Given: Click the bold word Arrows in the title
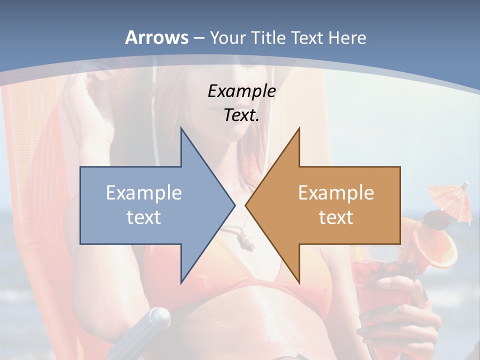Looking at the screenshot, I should [x=157, y=37].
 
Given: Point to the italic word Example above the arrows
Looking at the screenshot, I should [x=242, y=91].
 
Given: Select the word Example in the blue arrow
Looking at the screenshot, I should [x=144, y=192].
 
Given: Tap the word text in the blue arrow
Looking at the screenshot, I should [x=144, y=217].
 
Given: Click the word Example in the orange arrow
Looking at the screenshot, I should [x=336, y=192].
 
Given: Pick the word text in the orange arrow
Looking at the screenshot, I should [x=336, y=217].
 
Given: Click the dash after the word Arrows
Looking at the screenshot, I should [x=198, y=38].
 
